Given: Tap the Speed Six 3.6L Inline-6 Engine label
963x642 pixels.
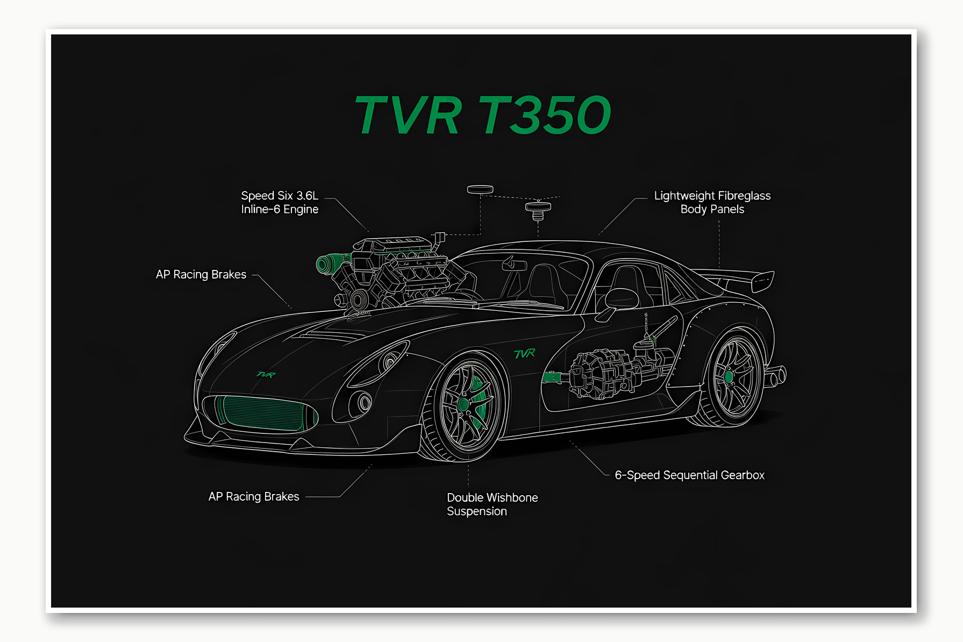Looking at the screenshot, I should click(x=280, y=203).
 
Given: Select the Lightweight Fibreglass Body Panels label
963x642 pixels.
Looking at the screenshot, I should click(x=712, y=203).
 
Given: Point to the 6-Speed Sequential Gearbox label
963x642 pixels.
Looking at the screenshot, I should click(x=689, y=475).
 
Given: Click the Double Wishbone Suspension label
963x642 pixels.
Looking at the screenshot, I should click(x=492, y=504).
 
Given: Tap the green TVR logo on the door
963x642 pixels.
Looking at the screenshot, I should click(x=525, y=353).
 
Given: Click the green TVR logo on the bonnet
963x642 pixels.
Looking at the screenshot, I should click(x=266, y=374).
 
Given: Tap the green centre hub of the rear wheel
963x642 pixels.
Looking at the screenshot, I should click(x=729, y=377).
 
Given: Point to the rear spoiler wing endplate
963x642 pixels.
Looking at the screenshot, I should click(x=763, y=281).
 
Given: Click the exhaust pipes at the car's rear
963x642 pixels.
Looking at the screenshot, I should click(x=776, y=376).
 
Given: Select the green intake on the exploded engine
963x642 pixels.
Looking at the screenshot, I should click(x=326, y=263).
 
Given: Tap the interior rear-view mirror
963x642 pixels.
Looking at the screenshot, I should click(x=515, y=263).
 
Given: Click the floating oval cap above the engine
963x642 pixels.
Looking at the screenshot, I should click(x=480, y=189).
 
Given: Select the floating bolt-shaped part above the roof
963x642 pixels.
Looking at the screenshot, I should click(x=538, y=210).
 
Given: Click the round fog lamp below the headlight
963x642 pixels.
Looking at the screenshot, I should click(x=365, y=402).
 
